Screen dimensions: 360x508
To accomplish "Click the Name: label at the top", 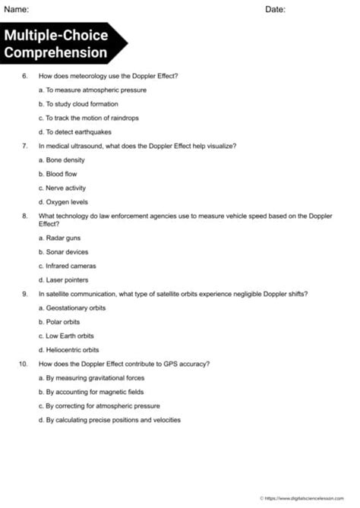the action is [x=17, y=9].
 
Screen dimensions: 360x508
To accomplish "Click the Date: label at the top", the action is [x=276, y=9].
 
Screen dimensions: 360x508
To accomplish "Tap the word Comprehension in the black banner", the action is [x=56, y=52].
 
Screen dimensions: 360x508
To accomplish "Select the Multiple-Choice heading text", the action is [x=56, y=36].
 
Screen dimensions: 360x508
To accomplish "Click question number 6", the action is [x=25, y=76].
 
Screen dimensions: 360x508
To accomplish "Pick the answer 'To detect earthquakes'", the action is [x=74, y=132].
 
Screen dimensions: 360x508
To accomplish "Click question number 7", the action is [x=25, y=146].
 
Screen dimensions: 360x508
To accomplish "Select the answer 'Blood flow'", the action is [x=61, y=174].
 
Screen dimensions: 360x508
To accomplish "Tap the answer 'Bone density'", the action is [x=63, y=160].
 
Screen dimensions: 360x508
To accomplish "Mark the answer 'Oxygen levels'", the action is [x=65, y=202].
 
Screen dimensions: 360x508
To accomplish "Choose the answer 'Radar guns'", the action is [x=62, y=238].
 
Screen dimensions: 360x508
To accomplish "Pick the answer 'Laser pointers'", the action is [x=66, y=280].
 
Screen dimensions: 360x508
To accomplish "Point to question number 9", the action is [x=25, y=294].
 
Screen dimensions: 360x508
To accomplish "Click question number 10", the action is [x=24, y=364].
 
